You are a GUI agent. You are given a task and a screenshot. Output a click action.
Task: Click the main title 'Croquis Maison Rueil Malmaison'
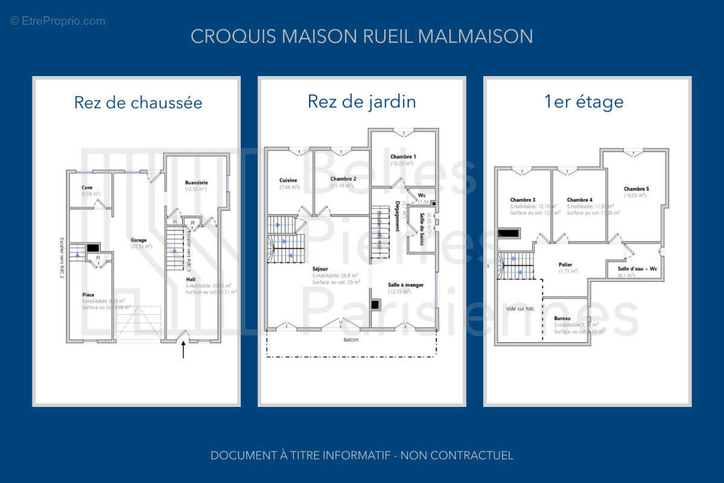click(x=361, y=36)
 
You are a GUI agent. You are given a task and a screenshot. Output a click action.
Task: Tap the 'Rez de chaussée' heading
click(x=138, y=103)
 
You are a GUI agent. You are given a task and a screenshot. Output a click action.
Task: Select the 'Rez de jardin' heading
click(x=361, y=101)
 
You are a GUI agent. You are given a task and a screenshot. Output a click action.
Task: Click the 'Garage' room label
click(x=139, y=240)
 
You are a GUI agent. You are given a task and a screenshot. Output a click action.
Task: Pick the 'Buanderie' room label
click(x=196, y=182)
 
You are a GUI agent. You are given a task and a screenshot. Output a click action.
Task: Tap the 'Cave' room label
click(x=87, y=187)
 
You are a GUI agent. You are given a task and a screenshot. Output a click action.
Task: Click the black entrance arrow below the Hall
click(x=183, y=350)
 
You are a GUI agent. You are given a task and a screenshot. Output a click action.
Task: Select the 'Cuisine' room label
click(x=288, y=180)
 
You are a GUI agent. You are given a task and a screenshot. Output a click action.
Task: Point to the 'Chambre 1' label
click(x=402, y=156)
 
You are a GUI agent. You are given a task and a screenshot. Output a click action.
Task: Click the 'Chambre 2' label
click(x=343, y=179)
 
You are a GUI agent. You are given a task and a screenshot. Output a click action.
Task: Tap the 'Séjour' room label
click(x=320, y=269)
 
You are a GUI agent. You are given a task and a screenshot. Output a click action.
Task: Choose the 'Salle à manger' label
click(x=405, y=284)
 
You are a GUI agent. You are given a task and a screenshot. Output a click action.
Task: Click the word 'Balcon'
click(x=351, y=340)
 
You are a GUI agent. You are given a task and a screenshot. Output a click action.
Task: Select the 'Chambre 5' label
click(x=636, y=188)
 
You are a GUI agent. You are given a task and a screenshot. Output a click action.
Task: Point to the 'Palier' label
click(x=565, y=264)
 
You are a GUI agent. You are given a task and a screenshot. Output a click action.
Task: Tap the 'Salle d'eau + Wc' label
click(x=637, y=269)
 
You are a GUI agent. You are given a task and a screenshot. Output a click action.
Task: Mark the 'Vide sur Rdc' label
click(x=520, y=308)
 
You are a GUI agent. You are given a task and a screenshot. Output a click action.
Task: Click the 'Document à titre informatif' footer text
click(x=361, y=455)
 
